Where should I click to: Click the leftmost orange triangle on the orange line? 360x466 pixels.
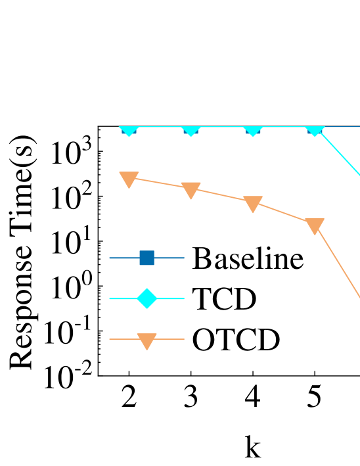point(129,179)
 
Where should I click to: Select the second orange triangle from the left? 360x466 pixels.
point(191,190)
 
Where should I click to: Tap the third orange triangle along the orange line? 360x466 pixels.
point(253,203)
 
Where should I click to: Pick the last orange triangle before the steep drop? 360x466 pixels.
point(315,225)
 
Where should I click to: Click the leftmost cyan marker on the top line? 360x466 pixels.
point(129,130)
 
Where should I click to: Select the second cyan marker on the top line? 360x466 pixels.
point(191,130)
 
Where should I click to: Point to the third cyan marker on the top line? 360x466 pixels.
point(253,130)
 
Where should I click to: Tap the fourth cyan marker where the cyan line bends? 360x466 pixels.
point(315,130)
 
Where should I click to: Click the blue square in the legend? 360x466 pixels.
point(146,258)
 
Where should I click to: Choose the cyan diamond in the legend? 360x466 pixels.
point(146,298)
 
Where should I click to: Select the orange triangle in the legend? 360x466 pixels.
point(146,340)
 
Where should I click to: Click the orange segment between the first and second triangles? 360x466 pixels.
point(160,183)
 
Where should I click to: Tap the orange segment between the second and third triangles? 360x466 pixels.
point(221,195)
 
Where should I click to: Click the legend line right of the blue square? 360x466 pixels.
point(171,258)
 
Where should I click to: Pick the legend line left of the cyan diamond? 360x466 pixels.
point(122,298)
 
